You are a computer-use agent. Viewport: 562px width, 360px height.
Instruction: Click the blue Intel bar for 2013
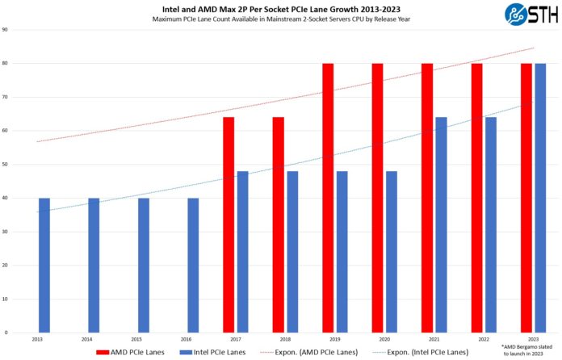[44, 265]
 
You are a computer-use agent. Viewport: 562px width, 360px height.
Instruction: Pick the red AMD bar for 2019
[328, 198]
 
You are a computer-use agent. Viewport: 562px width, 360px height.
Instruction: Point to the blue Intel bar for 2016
[193, 265]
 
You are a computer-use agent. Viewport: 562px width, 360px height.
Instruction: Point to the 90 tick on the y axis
[6, 30]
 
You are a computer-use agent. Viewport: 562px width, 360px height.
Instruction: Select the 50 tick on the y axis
[6, 165]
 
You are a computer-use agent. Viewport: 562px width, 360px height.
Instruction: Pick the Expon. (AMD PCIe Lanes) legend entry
[309, 352]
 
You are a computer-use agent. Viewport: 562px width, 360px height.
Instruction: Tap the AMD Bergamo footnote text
[536, 350]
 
